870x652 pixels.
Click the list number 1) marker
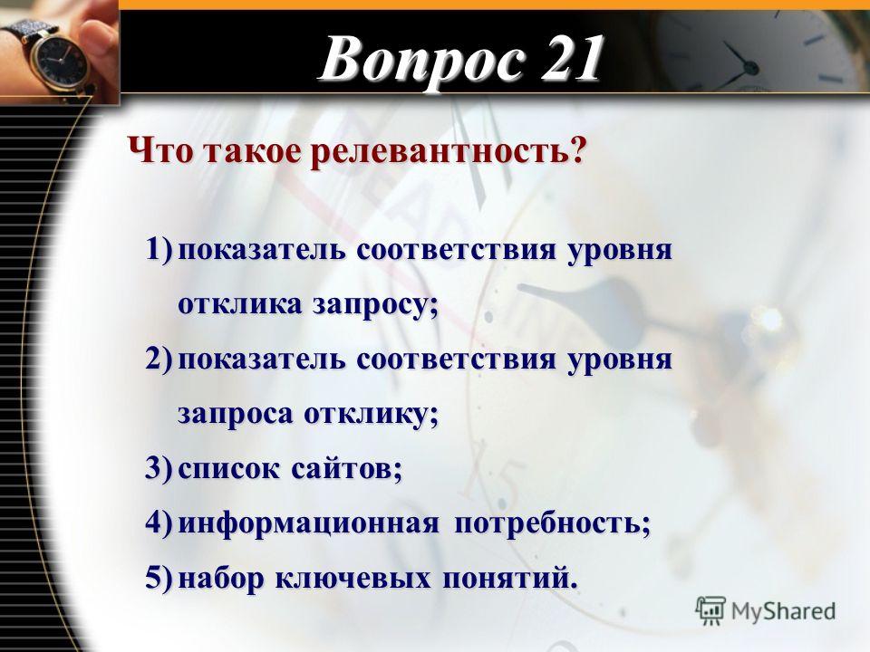(x=159, y=249)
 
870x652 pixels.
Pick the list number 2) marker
(x=159, y=359)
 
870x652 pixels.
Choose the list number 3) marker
(x=159, y=468)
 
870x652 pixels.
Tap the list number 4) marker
(x=159, y=523)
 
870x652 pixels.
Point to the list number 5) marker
(x=159, y=578)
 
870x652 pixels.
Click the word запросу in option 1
(x=375, y=306)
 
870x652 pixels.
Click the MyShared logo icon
(x=710, y=611)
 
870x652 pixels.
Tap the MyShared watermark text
(x=783, y=612)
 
